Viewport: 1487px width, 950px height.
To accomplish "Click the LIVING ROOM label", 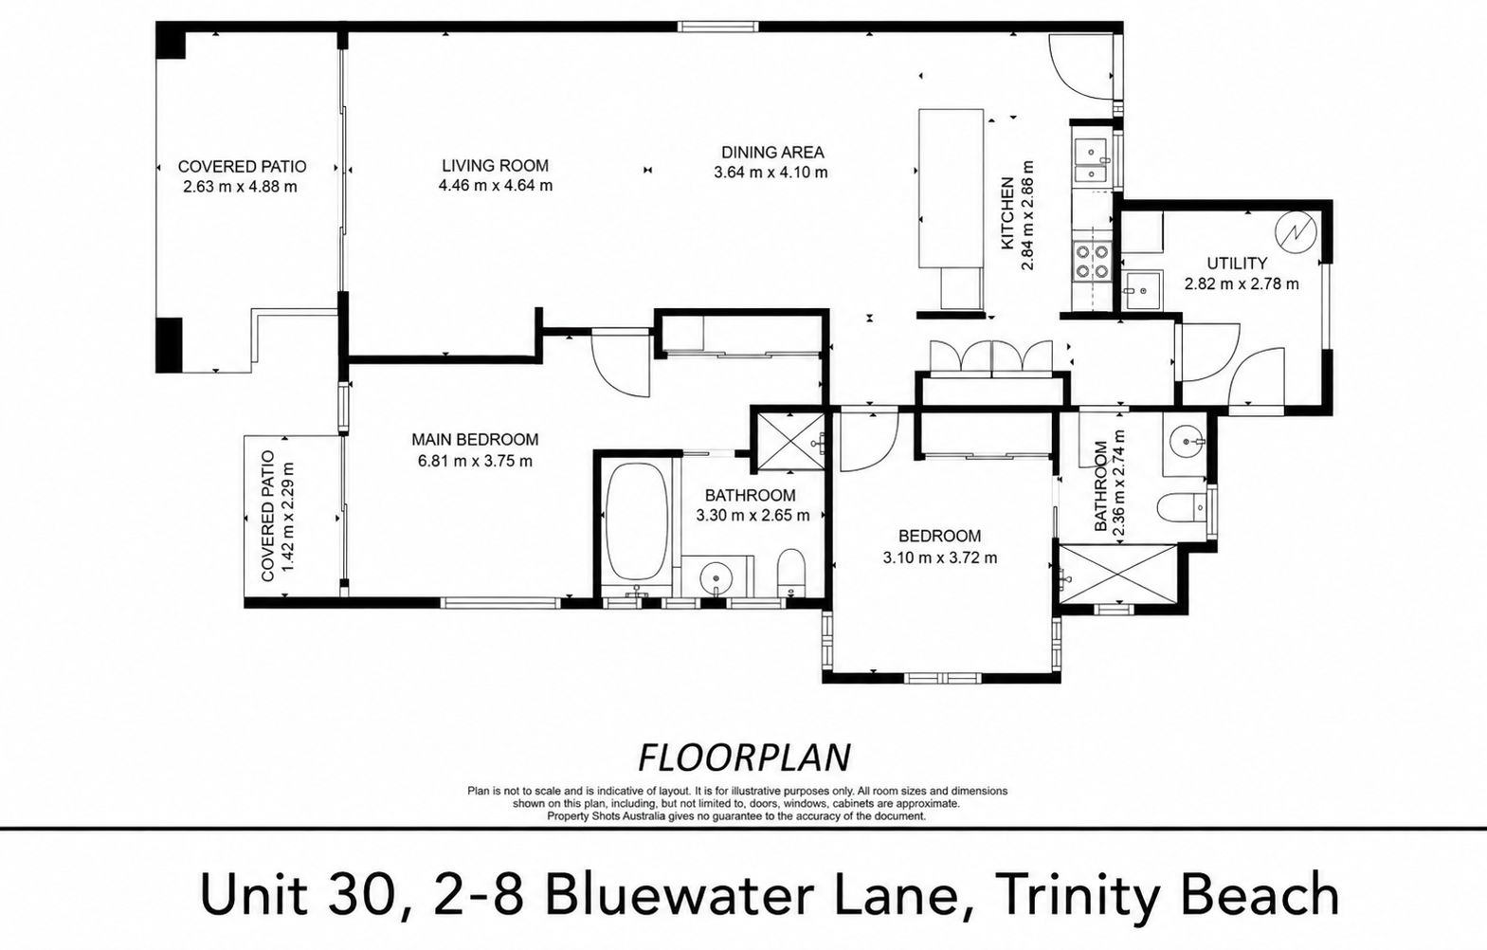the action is [496, 165].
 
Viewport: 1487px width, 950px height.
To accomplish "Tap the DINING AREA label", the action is [772, 153].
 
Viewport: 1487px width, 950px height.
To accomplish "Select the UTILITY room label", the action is [1237, 263].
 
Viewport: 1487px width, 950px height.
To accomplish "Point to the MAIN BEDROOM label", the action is [475, 440].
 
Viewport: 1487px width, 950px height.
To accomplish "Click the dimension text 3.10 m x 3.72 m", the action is [939, 557].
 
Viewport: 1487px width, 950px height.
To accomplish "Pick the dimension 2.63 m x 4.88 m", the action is [241, 187].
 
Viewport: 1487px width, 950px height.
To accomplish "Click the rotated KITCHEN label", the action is [1007, 213].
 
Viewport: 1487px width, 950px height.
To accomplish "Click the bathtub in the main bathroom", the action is [637, 522].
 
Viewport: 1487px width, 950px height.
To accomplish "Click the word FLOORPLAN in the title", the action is [743, 758].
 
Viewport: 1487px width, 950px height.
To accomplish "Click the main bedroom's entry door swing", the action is [621, 364].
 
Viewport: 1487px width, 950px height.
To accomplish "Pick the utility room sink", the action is [1142, 289].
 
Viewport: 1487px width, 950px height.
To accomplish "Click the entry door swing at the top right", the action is [1080, 66].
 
